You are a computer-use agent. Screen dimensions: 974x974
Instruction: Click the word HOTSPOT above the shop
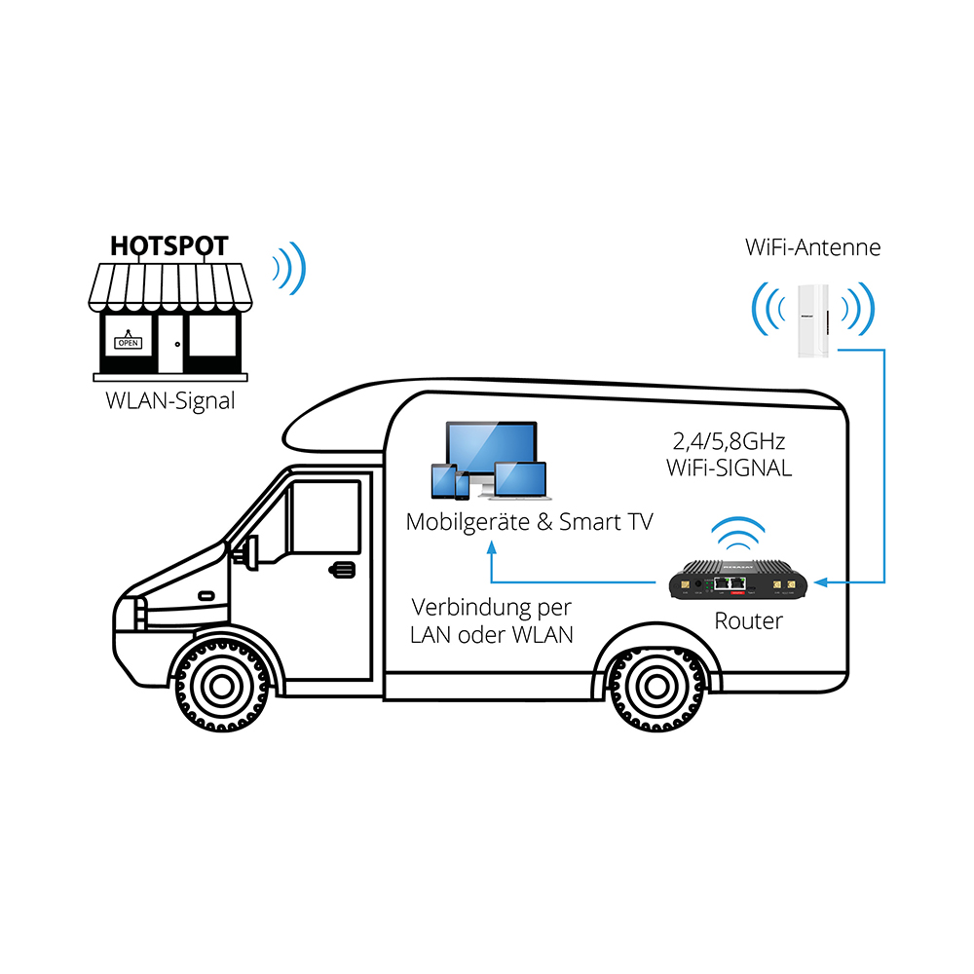pos(169,245)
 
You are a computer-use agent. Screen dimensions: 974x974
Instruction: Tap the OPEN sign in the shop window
pos(129,342)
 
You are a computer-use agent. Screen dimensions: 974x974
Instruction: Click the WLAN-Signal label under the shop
pos(170,400)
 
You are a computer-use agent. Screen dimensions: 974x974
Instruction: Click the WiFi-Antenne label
pos(812,247)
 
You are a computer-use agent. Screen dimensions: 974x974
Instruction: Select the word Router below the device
pos(748,620)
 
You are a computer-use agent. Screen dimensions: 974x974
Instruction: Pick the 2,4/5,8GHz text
pos(729,441)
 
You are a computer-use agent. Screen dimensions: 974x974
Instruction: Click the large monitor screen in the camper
pos(491,445)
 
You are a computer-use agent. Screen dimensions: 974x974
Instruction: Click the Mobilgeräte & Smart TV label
pos(529,522)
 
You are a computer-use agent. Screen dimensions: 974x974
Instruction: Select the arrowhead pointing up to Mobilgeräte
pos(492,550)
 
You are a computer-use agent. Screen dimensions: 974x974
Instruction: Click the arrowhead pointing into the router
pos(821,582)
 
